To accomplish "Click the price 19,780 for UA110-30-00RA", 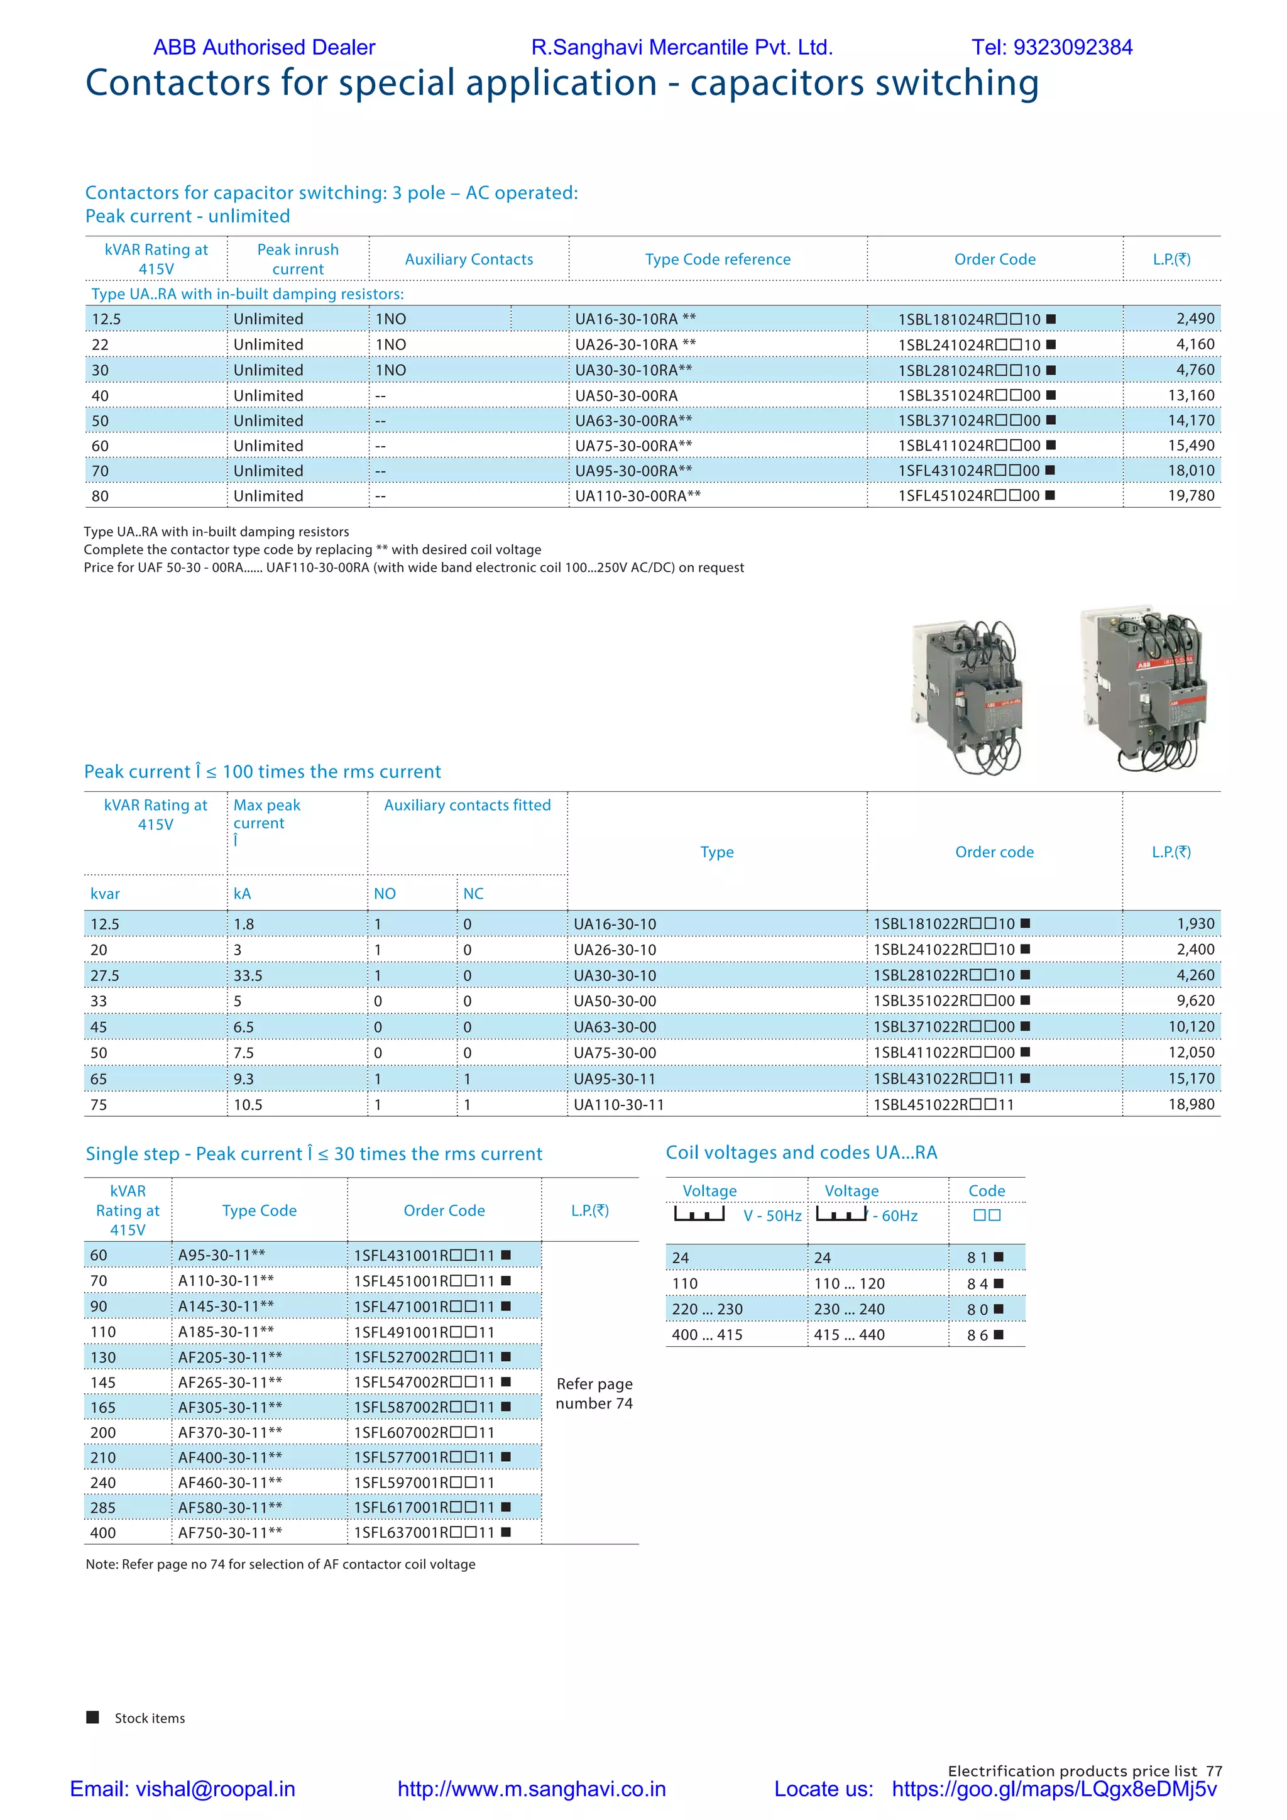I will (1190, 495).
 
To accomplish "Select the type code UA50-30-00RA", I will (626, 395).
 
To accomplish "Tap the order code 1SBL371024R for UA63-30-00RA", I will (968, 420).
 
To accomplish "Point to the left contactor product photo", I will (967, 698).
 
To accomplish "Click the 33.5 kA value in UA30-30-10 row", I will (248, 975).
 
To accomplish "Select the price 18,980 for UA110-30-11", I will (1190, 1104).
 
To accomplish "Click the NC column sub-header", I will (473, 894).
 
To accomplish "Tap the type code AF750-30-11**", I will (230, 1532).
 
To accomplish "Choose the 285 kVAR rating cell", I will (103, 1507).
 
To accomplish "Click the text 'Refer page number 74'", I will (594, 1393).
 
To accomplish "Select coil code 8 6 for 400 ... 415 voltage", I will (978, 1335).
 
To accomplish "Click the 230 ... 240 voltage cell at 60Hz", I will (849, 1308).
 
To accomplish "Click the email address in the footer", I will (182, 1789).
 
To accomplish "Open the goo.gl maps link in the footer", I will (1053, 1789).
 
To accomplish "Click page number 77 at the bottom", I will (1213, 1771).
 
